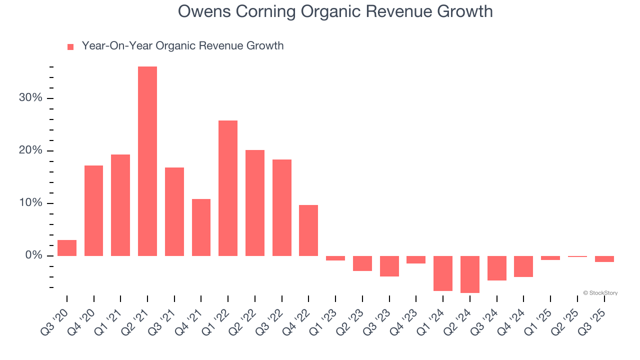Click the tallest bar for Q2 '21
(147, 161)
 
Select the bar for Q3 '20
(67, 248)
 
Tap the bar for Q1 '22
(228, 188)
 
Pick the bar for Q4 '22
(308, 230)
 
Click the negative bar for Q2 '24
(470, 274)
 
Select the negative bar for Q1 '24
(443, 273)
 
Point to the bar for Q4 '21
(201, 227)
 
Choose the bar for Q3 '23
(389, 266)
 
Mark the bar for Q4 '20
(93, 210)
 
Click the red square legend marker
(70, 46)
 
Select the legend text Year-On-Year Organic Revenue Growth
(182, 46)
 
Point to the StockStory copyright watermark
(600, 293)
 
